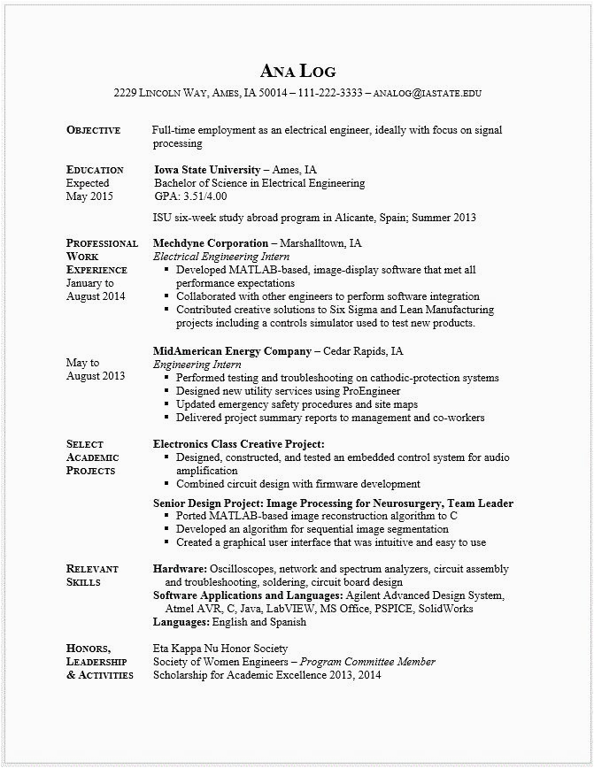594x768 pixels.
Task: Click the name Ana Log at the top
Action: pyautogui.click(x=297, y=71)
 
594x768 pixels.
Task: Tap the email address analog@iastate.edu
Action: pyautogui.click(x=428, y=92)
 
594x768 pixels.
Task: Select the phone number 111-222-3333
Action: pyautogui.click(x=330, y=92)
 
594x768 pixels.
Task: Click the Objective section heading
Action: pyautogui.click(x=93, y=130)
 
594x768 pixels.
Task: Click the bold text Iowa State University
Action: pyautogui.click(x=207, y=169)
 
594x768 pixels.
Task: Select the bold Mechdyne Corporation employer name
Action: pyautogui.click(x=211, y=242)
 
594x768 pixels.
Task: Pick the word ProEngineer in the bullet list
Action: pyautogui.click(x=372, y=391)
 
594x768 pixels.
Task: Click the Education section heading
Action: pyautogui.click(x=95, y=170)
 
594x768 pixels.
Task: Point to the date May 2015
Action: pyautogui.click(x=89, y=196)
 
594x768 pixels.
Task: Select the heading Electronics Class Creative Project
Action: pyautogui.click(x=239, y=444)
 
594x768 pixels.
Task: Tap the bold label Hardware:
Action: pyautogui.click(x=180, y=569)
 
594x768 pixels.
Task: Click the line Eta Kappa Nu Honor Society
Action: pyautogui.click(x=220, y=649)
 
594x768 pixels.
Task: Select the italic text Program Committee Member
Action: pyautogui.click(x=367, y=662)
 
